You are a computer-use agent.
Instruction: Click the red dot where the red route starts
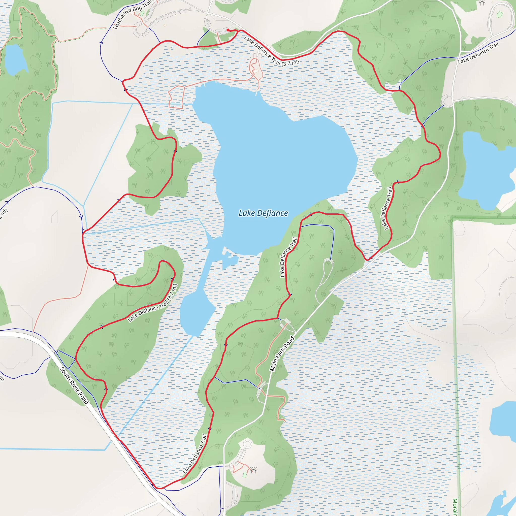(x=228, y=30)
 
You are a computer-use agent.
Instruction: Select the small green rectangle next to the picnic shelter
(x=245, y=475)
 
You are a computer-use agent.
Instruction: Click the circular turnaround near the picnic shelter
(x=248, y=444)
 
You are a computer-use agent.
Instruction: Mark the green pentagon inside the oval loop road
(x=499, y=14)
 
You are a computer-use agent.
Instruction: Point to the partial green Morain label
(x=455, y=506)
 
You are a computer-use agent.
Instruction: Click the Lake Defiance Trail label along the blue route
(x=478, y=53)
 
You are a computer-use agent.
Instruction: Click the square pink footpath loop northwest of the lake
(x=176, y=97)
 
